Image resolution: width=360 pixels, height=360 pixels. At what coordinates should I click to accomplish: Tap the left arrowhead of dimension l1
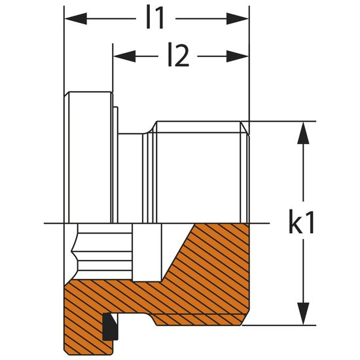76,19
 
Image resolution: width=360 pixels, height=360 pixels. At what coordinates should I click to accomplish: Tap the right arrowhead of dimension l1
238,19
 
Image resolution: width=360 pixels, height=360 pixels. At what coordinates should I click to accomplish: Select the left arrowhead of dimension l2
124,56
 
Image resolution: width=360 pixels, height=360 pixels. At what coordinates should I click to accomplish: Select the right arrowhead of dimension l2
238,56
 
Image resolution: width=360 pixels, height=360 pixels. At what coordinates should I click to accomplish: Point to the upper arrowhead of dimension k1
303,133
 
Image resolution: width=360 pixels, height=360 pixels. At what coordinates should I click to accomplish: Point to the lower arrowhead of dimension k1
303,314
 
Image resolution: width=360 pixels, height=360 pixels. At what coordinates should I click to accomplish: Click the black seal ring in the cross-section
110,327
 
